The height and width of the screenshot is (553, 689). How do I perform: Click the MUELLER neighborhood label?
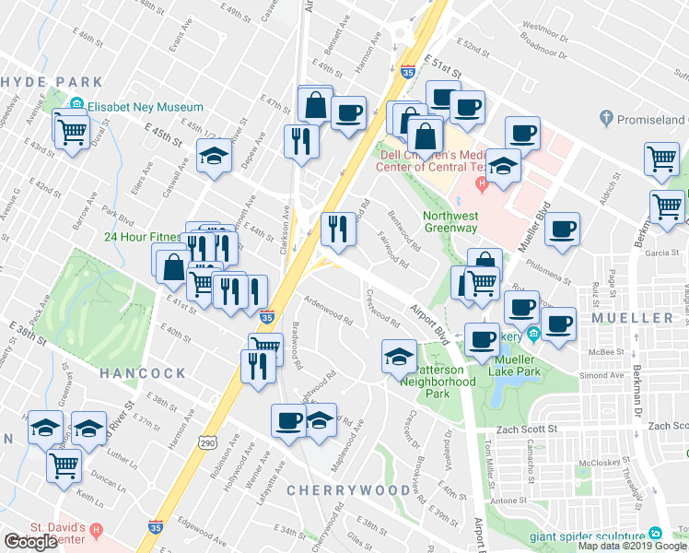tap(632, 318)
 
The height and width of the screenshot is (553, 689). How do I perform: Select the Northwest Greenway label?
tap(450, 224)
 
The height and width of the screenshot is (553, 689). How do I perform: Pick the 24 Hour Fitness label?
tap(138, 235)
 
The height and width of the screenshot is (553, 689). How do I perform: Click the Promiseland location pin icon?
tap(605, 119)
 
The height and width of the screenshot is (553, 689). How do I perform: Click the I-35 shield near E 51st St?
tap(407, 71)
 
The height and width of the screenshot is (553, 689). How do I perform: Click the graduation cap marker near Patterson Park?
tap(398, 356)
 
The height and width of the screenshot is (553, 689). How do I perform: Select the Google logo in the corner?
tap(30, 542)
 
